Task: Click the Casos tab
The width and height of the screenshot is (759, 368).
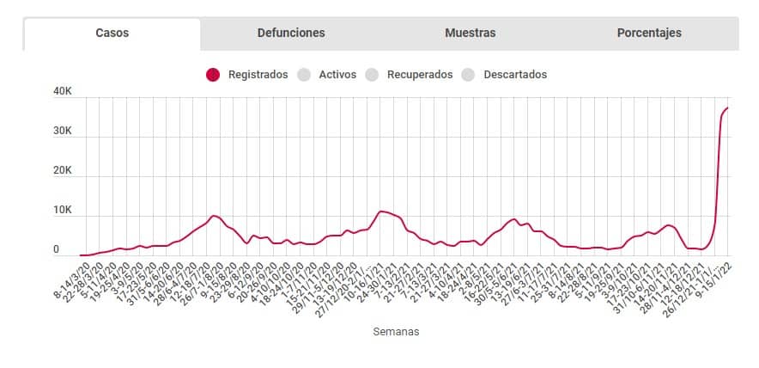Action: tap(112, 34)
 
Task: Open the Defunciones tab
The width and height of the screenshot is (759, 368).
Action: tap(291, 34)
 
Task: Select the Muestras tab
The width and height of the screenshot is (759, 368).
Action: tap(470, 34)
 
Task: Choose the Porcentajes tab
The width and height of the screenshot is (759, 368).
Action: tap(649, 34)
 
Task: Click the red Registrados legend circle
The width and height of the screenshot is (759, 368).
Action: tap(213, 75)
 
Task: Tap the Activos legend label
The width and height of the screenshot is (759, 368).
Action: tap(337, 75)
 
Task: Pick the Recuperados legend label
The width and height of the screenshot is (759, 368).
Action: tap(420, 75)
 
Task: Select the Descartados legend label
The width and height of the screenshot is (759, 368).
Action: tap(515, 75)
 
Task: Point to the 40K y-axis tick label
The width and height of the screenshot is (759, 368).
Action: tap(62, 92)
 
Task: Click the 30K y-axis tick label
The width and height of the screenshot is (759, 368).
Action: tap(62, 132)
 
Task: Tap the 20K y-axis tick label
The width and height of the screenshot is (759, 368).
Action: tap(62, 171)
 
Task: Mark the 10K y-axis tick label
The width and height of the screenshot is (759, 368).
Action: tap(62, 211)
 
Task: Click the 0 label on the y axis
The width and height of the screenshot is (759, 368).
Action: tap(56, 249)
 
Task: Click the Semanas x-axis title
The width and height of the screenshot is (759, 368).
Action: tap(397, 330)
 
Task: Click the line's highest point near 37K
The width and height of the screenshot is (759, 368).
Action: tap(728, 108)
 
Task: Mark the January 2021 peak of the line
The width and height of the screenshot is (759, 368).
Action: tap(380, 211)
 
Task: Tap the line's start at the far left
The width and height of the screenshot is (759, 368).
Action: tap(81, 255)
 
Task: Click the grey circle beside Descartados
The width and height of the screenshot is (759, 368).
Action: tap(469, 75)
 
